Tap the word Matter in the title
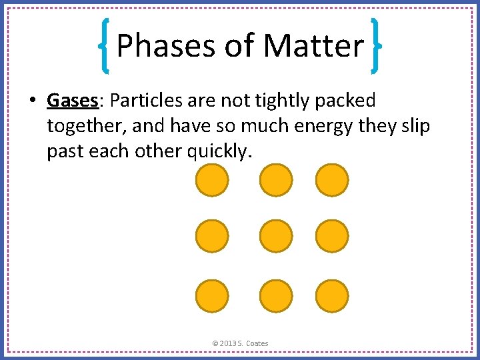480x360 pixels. pyautogui.click(x=313, y=47)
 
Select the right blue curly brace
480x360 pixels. pyautogui.click(x=375, y=45)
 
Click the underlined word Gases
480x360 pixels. pyautogui.click(x=73, y=101)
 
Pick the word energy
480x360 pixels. pyautogui.click(x=306, y=126)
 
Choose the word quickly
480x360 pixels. pyautogui.click(x=218, y=151)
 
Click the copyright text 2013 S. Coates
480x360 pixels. pyautogui.click(x=240, y=343)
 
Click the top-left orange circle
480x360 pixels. pyautogui.click(x=212, y=181)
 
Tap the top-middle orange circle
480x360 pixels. pyautogui.click(x=275, y=181)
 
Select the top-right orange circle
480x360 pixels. pyautogui.click(x=331, y=181)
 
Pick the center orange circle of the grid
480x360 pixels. pyautogui.click(x=275, y=237)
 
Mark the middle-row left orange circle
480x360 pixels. pyautogui.click(x=212, y=237)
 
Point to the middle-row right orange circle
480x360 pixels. pyautogui.click(x=331, y=237)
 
